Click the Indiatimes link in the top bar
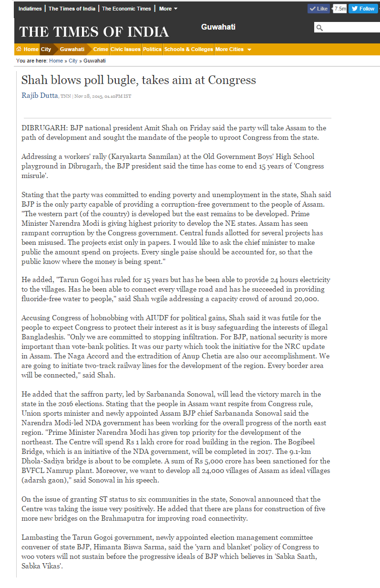pyautogui.click(x=30, y=9)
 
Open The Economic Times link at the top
pyautogui.click(x=126, y=9)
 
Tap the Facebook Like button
pyautogui.click(x=318, y=9)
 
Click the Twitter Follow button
pyautogui.click(x=363, y=9)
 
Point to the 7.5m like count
pyautogui.click(x=340, y=9)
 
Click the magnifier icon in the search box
pyautogui.click(x=319, y=28)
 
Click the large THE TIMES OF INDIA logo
pyautogui.click(x=94, y=32)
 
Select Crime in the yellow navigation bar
pyautogui.click(x=101, y=49)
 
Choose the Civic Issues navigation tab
pyautogui.click(x=125, y=49)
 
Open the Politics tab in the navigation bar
pyautogui.click(x=152, y=49)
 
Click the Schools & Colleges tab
pyautogui.click(x=188, y=49)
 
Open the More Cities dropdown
pyautogui.click(x=233, y=49)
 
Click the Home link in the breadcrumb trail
pyautogui.click(x=56, y=61)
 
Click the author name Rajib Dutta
pyautogui.click(x=40, y=95)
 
